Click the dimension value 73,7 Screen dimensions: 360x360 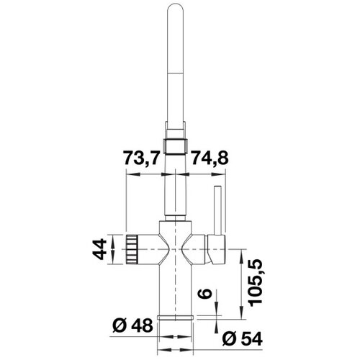click(x=141, y=158)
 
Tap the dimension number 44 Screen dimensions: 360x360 click(x=99, y=249)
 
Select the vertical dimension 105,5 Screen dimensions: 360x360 click(x=256, y=282)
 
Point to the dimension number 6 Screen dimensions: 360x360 click(x=204, y=293)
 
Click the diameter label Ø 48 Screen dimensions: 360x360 click(x=132, y=325)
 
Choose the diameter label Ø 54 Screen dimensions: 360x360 click(x=243, y=339)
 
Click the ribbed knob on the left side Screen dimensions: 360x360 click(x=132, y=249)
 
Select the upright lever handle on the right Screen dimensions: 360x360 click(x=217, y=210)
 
